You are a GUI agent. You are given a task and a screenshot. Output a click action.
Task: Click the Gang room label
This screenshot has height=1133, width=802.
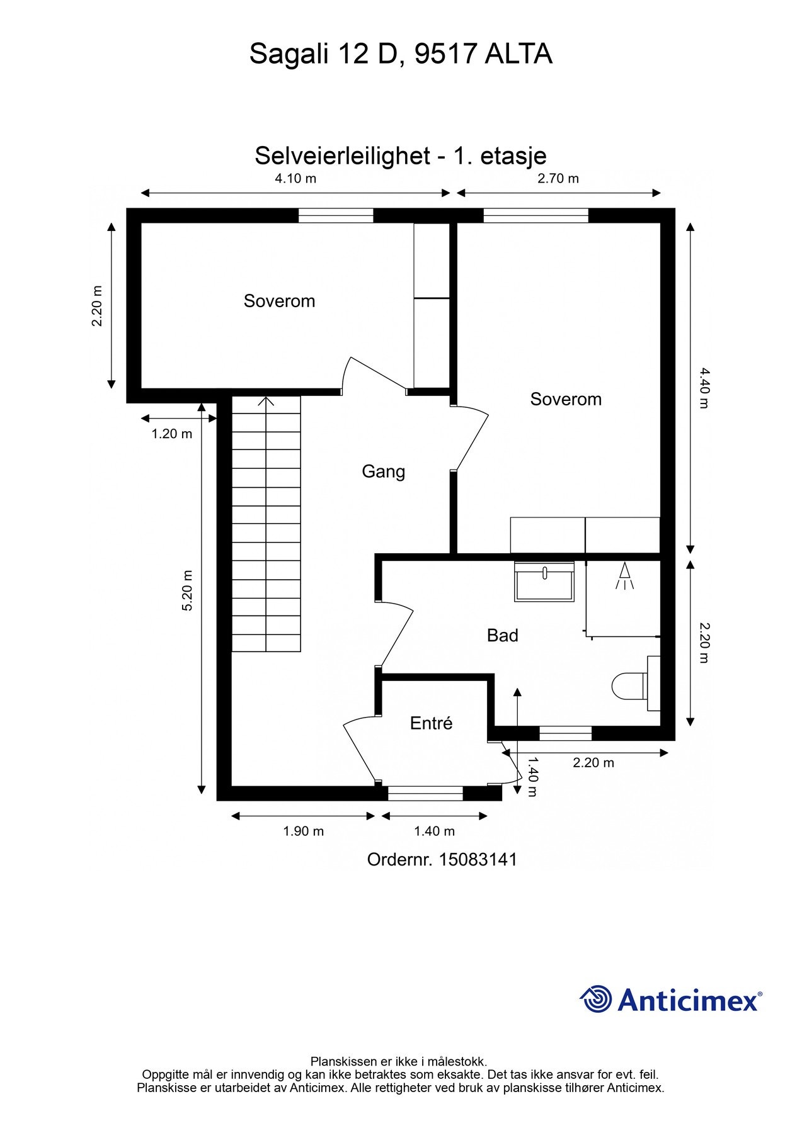click(383, 471)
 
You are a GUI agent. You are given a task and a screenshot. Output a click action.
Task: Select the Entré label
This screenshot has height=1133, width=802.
click(432, 723)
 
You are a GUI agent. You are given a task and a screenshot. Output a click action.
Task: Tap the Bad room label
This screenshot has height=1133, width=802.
click(503, 635)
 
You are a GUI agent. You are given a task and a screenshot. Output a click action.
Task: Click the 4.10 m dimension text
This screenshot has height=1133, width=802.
click(295, 178)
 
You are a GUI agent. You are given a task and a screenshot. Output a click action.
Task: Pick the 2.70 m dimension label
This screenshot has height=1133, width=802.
click(558, 178)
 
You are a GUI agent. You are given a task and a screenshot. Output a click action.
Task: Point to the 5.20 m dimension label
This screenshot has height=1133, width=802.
click(187, 590)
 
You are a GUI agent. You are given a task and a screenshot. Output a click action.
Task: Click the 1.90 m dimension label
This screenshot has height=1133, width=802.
click(304, 831)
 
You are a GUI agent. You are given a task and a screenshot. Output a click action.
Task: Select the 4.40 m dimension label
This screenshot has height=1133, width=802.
click(704, 388)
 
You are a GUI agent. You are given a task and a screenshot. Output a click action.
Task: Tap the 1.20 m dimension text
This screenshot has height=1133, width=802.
click(172, 434)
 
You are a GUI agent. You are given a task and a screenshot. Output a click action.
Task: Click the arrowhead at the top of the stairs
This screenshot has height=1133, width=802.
click(266, 400)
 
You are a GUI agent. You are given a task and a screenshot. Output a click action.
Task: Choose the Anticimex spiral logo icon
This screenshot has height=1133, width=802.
click(596, 999)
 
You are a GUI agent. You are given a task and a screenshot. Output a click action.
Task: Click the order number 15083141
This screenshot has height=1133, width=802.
click(478, 859)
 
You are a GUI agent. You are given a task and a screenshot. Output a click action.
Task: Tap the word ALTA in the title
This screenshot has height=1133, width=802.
click(518, 54)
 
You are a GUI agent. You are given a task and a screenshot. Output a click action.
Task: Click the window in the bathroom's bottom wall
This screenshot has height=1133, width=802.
click(566, 733)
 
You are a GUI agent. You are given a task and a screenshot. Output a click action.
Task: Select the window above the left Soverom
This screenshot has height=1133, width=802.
click(336, 216)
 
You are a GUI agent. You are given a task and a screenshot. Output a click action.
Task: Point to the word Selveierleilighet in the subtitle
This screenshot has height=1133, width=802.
click(342, 156)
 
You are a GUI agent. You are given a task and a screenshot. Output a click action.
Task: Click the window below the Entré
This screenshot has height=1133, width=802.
click(425, 793)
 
